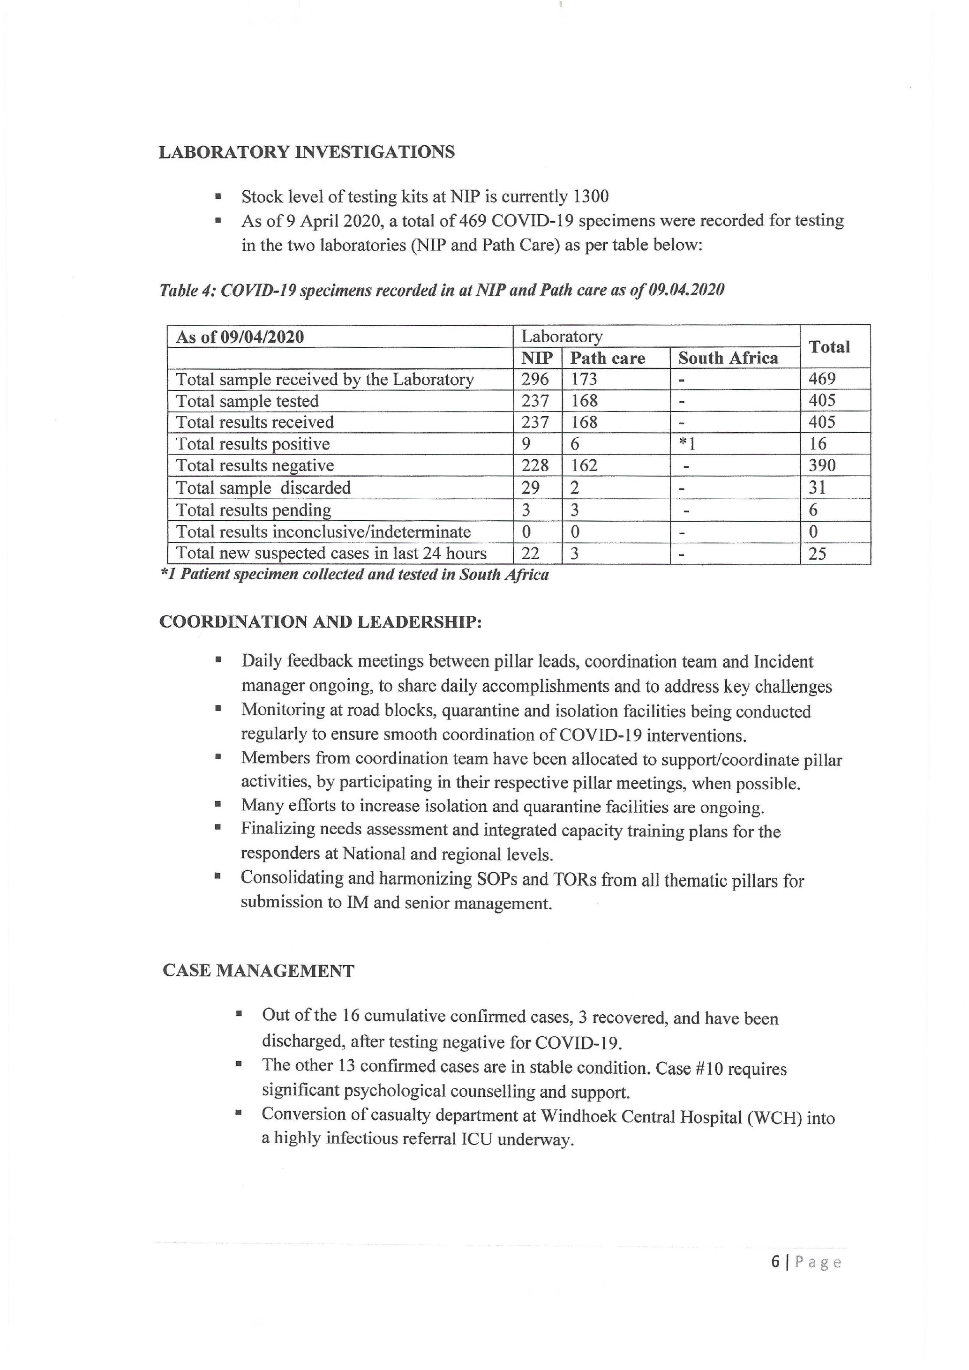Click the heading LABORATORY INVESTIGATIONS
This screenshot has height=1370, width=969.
click(x=306, y=152)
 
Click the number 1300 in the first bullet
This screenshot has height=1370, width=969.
click(x=590, y=196)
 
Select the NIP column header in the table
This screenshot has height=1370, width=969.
click(x=537, y=358)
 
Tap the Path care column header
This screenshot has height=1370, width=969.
click(x=608, y=358)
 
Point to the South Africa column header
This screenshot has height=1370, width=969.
click(x=728, y=358)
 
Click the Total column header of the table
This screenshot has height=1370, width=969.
click(x=829, y=347)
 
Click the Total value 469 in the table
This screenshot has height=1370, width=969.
click(x=822, y=379)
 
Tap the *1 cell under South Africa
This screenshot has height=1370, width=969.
click(x=687, y=444)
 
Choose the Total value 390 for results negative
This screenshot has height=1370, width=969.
click(x=822, y=465)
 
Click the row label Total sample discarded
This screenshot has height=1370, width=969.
click(x=263, y=488)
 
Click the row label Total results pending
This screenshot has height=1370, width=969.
click(x=254, y=510)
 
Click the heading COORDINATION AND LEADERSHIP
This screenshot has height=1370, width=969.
click(x=320, y=622)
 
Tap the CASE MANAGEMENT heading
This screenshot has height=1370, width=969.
click(x=258, y=971)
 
